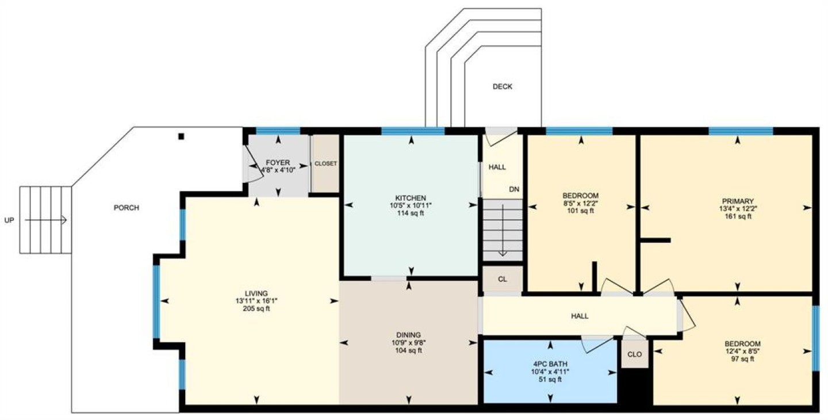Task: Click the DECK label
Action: coord(503,86)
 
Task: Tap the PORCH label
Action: coord(126,208)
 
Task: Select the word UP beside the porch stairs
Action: coord(9,220)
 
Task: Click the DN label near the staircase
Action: coord(514,189)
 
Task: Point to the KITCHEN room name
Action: coord(411,198)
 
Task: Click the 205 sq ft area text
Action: coord(256,308)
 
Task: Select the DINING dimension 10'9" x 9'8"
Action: coord(409,343)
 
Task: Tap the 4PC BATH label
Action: coord(550,364)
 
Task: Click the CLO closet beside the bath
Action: coord(635,354)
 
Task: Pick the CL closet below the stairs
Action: coord(503,279)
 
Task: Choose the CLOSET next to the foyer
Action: coord(325,163)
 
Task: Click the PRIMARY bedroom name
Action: coord(738,201)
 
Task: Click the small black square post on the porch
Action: coord(181,136)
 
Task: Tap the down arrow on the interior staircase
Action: coord(503,230)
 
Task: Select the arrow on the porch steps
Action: coord(45,220)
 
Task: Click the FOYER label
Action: coord(278,163)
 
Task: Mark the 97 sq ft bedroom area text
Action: coord(743,358)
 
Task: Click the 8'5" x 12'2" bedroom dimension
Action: coord(580,203)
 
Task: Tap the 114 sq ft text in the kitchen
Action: coord(411,213)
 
